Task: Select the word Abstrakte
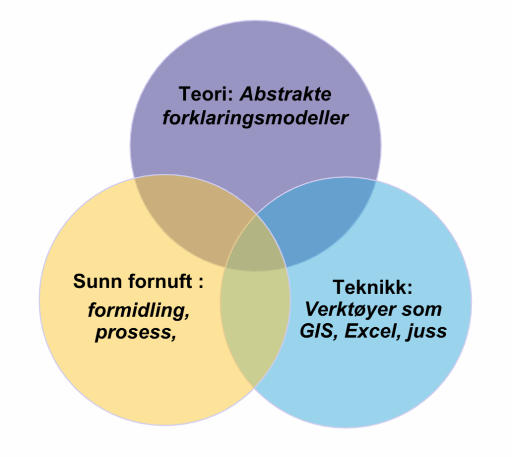click(285, 94)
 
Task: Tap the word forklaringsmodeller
click(255, 119)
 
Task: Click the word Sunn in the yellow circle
click(98, 281)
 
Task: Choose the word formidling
click(138, 310)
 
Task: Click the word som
click(422, 309)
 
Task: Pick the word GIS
click(315, 331)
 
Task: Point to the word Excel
click(369, 331)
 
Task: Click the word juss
click(428, 331)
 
